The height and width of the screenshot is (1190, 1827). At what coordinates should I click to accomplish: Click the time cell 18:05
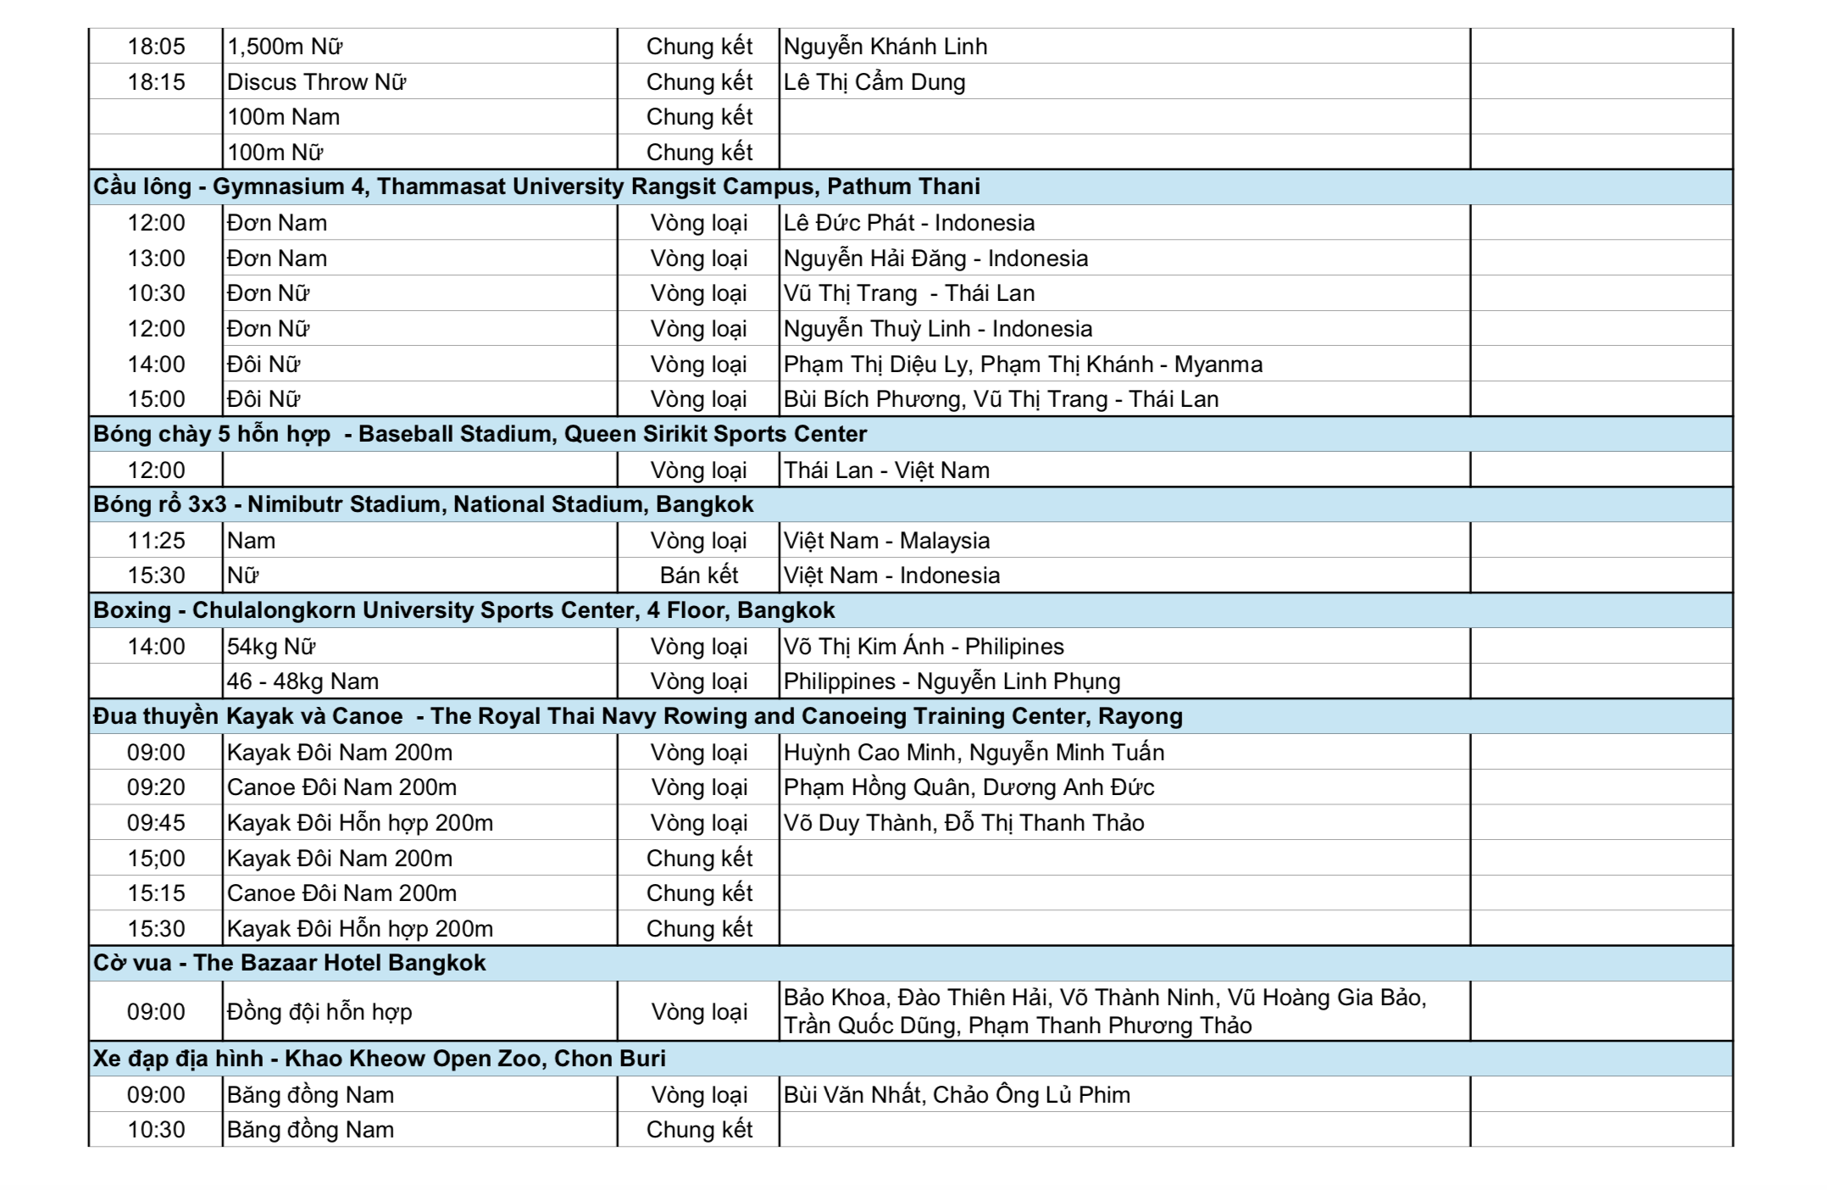click(156, 47)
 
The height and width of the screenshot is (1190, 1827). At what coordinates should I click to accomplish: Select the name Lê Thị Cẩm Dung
click(874, 82)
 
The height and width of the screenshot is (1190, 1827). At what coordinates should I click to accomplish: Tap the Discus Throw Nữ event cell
click(316, 82)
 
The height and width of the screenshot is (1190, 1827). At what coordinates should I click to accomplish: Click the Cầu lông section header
click(536, 186)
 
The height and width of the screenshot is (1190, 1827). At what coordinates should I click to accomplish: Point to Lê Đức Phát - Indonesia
click(908, 223)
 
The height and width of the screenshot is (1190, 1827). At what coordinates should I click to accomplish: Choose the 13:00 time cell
click(156, 259)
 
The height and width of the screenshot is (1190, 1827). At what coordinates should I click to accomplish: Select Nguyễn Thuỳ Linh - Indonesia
click(937, 329)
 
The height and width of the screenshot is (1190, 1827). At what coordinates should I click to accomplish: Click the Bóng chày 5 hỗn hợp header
click(480, 434)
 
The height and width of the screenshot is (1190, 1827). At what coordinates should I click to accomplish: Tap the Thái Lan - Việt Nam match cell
click(886, 470)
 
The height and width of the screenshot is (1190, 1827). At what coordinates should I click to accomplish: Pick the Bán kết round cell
click(699, 576)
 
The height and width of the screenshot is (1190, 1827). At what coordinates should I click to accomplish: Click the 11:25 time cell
click(156, 541)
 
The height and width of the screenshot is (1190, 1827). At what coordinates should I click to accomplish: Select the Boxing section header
click(464, 610)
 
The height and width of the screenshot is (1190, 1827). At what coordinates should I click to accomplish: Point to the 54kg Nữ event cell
click(271, 647)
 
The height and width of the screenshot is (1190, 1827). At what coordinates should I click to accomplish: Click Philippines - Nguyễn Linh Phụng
click(951, 681)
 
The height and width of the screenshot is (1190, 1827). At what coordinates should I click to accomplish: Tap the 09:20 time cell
click(156, 787)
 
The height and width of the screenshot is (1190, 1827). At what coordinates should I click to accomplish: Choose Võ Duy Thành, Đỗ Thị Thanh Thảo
click(963, 823)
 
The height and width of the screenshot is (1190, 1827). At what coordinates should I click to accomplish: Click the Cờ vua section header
click(289, 963)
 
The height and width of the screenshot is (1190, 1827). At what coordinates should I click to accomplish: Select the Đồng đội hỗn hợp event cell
click(319, 1012)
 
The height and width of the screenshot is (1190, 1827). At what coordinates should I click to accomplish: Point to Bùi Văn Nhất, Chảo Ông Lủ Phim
click(956, 1095)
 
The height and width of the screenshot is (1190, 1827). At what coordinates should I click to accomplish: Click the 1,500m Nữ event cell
click(285, 47)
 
